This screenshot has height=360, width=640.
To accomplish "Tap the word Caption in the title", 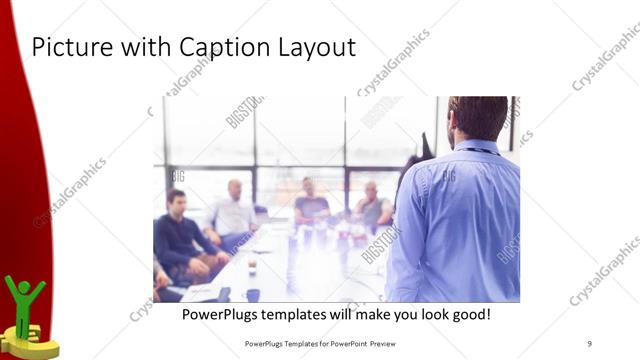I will (220, 47).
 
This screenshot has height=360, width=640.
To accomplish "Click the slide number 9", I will (589, 343).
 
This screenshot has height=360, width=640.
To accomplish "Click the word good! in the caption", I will (468, 314).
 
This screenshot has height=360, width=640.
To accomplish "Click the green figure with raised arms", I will (24, 300).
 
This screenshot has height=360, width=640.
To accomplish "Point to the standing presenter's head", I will (478, 118).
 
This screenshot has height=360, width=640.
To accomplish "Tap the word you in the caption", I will (397, 314).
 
